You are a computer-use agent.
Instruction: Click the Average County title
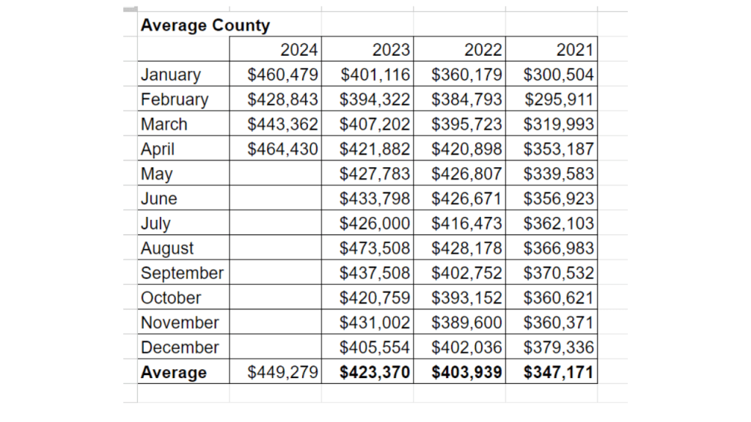pyautogui.click(x=205, y=25)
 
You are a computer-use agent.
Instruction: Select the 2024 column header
pyautogui.click(x=299, y=50)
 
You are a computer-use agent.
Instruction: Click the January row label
pyautogui.click(x=171, y=75)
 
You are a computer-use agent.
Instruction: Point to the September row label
pyautogui.click(x=182, y=273)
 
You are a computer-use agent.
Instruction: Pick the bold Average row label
pyautogui.click(x=174, y=372)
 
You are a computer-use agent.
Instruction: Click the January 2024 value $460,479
pyautogui.click(x=283, y=75)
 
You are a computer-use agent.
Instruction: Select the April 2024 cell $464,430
pyautogui.click(x=283, y=149)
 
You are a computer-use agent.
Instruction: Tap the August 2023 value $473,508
pyautogui.click(x=375, y=248)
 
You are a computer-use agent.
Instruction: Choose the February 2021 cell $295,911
pyautogui.click(x=559, y=100)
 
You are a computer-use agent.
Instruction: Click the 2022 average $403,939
pyautogui.click(x=467, y=372)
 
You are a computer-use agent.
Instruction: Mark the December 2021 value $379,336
pyautogui.click(x=559, y=347)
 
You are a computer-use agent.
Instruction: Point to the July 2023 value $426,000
pyautogui.click(x=375, y=223)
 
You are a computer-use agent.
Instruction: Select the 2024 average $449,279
pyautogui.click(x=283, y=372)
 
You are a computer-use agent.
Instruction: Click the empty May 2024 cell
pyautogui.click(x=275, y=174)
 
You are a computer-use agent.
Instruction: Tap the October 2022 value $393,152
pyautogui.click(x=467, y=298)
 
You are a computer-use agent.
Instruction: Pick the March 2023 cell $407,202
pyautogui.click(x=375, y=125)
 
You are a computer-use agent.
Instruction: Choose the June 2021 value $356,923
pyautogui.click(x=559, y=199)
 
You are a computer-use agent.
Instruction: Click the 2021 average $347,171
pyautogui.click(x=559, y=372)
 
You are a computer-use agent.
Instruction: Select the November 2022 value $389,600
pyautogui.click(x=467, y=323)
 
